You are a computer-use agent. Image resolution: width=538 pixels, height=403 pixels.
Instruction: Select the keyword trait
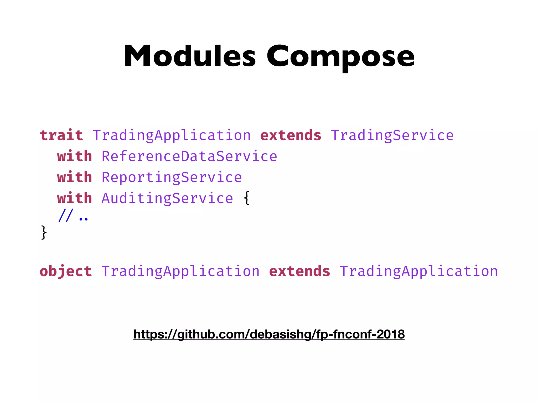61,135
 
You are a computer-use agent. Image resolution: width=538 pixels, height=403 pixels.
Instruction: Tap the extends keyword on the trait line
291,135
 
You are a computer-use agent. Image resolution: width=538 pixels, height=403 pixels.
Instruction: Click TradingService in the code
392,135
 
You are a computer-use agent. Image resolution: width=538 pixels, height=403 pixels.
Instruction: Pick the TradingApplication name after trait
172,135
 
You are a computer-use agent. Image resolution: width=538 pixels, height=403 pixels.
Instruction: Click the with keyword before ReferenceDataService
75,156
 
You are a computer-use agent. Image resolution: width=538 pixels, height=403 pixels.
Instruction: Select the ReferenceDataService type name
189,156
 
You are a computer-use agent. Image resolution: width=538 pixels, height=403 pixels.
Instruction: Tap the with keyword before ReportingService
75,177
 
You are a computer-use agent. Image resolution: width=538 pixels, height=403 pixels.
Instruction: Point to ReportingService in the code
172,177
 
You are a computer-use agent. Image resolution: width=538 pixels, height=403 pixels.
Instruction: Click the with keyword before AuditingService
75,198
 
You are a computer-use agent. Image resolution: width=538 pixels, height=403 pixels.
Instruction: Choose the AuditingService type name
167,198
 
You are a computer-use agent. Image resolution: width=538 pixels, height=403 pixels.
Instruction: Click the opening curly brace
246,198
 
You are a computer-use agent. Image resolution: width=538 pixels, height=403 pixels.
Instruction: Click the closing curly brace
44,232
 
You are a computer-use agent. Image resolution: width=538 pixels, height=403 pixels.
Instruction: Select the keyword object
66,271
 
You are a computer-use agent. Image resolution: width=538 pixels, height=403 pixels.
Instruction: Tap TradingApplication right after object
180,271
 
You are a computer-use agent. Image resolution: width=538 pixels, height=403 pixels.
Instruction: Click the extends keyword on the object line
299,271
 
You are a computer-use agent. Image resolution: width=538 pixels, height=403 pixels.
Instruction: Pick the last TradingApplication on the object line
418,271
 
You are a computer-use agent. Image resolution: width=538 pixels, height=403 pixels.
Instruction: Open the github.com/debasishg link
269,334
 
